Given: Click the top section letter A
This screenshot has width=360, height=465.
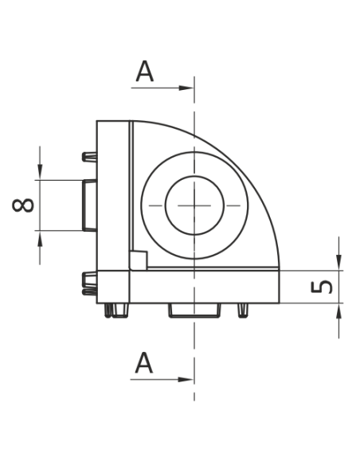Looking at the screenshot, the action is (145, 71).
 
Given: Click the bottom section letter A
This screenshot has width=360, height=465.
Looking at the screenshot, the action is (144, 363).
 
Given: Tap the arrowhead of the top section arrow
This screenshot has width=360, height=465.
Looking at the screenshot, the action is (186, 88).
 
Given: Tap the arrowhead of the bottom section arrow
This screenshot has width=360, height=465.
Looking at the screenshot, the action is (186, 380).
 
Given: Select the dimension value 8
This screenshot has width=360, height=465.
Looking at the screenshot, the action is (23, 205).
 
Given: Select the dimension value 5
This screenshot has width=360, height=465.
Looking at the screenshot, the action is (322, 287).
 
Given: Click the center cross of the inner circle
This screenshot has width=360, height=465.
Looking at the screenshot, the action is (194, 205).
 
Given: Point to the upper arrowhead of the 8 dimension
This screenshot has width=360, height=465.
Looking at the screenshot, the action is (40, 172).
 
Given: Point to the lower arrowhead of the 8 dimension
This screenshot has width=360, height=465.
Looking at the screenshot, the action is (40, 238).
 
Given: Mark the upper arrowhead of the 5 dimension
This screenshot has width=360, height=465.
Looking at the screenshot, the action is (338, 263).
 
